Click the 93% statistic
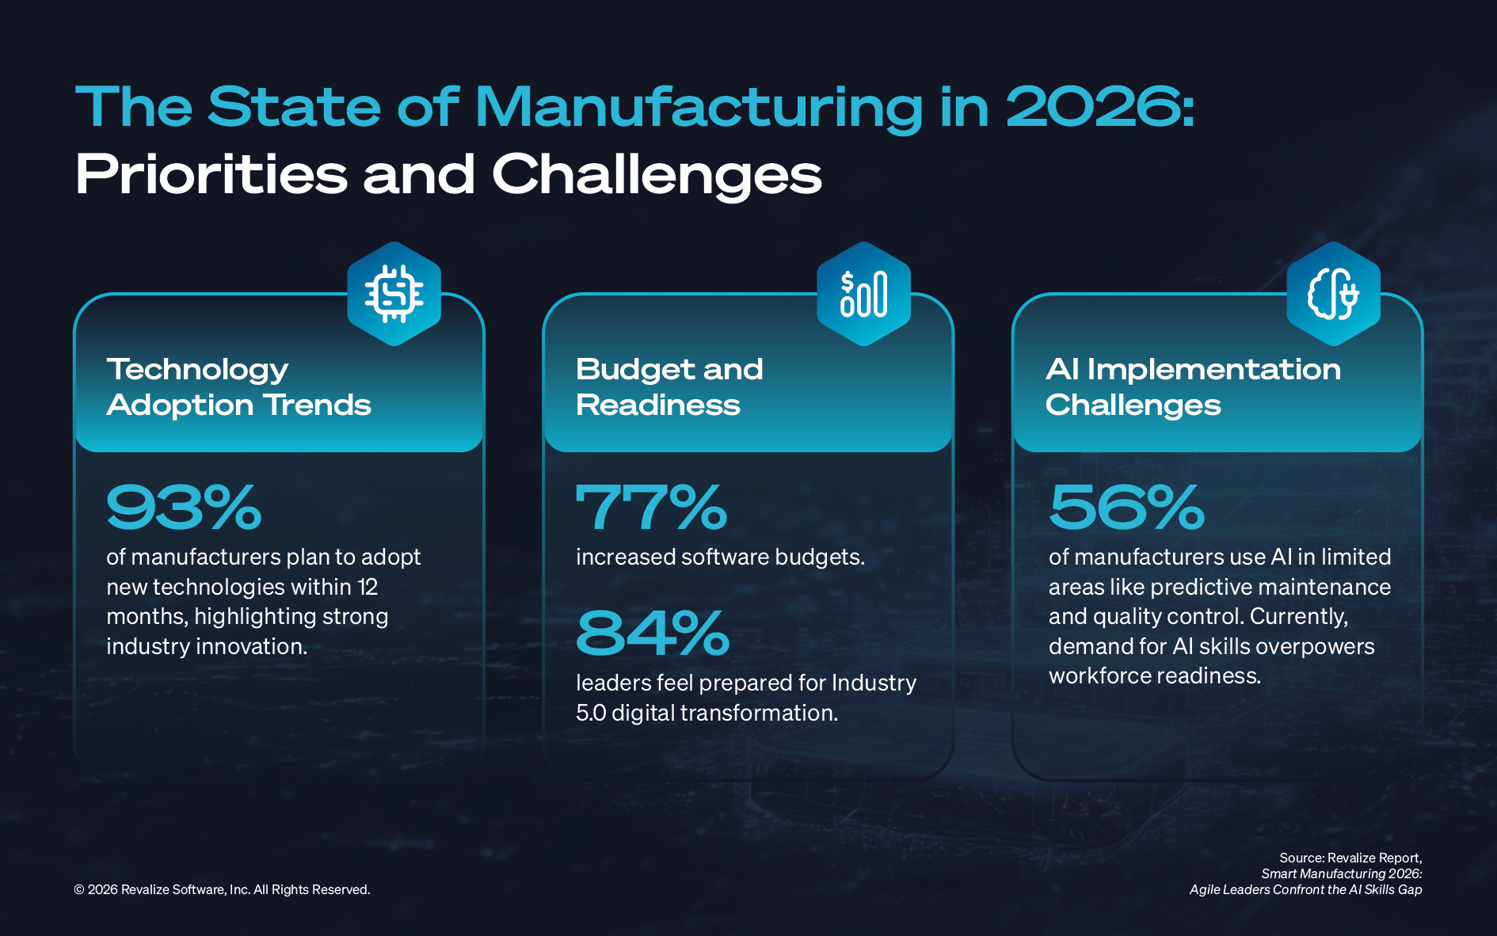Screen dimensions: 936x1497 point(184,508)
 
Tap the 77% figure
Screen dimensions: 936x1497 point(651,508)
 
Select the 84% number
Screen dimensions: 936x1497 point(653,634)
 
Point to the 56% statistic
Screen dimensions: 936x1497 point(1126,508)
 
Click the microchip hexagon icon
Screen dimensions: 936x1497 point(394,294)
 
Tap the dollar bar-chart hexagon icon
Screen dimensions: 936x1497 point(863,294)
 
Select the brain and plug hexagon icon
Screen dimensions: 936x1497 point(1333,294)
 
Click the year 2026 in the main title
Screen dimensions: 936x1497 point(1099,108)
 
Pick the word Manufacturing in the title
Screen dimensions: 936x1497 point(699,108)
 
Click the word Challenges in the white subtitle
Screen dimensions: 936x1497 point(657,176)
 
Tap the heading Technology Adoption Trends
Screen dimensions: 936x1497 point(238,387)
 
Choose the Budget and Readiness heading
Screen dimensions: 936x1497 point(669,387)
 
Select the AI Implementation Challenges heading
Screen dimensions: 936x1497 point(1193,387)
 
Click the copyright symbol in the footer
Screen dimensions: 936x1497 point(79,890)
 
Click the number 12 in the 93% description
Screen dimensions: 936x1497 point(368,588)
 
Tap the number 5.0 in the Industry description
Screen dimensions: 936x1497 point(591,713)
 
